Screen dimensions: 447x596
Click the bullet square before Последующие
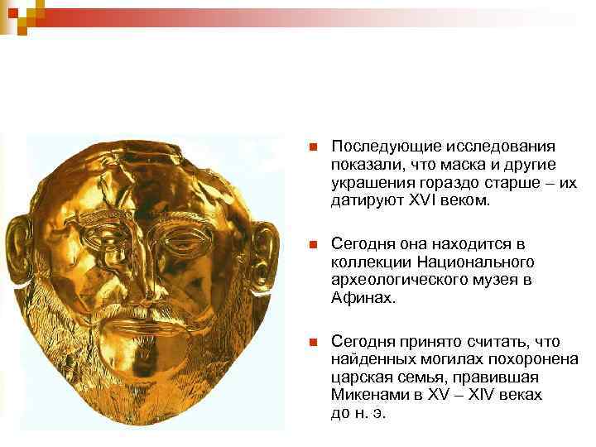coord(311,147)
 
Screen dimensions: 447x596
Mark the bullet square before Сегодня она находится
coord(311,244)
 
